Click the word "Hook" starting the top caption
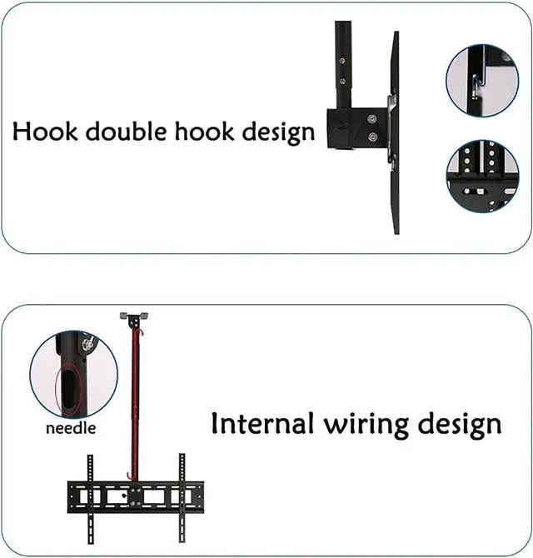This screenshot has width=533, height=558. tap(42, 131)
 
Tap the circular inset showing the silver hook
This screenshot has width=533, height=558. tap(482, 80)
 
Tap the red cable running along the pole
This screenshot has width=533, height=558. tap(132, 400)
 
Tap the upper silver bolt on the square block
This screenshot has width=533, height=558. tap(372, 116)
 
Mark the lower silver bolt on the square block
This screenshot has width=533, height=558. tap(372, 137)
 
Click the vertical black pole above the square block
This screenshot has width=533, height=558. tap(343, 58)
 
